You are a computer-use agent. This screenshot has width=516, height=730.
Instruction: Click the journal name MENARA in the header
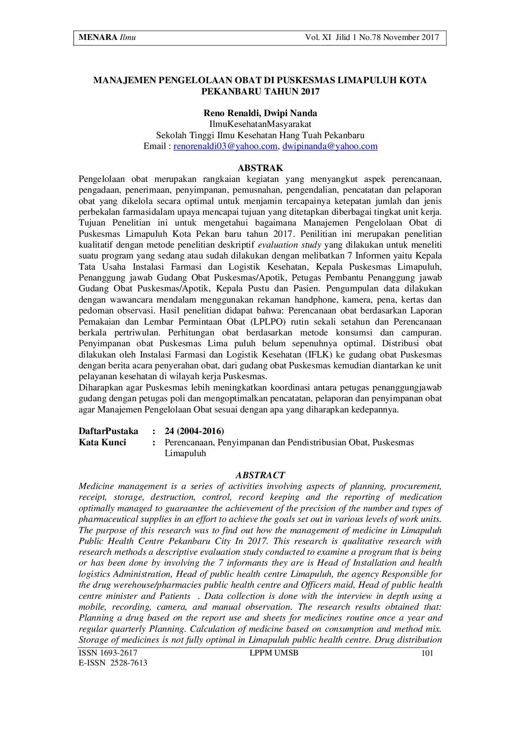(x=98, y=37)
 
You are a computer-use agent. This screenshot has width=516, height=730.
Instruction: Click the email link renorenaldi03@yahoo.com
(x=225, y=146)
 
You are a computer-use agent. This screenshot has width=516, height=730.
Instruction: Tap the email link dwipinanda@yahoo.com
(x=330, y=146)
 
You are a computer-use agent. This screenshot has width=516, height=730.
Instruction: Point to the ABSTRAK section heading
(x=260, y=168)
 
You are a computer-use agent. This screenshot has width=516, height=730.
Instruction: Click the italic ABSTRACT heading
(x=260, y=475)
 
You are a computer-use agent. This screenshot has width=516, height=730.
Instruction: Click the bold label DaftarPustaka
(x=108, y=431)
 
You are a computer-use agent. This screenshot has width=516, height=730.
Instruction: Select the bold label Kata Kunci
(x=102, y=442)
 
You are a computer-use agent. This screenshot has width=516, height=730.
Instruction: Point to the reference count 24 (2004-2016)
(x=194, y=431)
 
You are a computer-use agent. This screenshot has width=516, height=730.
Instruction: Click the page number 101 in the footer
(x=427, y=653)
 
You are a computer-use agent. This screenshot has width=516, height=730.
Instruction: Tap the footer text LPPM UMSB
(x=274, y=653)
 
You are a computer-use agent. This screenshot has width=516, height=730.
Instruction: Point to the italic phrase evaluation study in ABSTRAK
(x=290, y=245)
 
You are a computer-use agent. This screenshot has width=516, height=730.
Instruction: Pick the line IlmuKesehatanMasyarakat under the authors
(x=260, y=124)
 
